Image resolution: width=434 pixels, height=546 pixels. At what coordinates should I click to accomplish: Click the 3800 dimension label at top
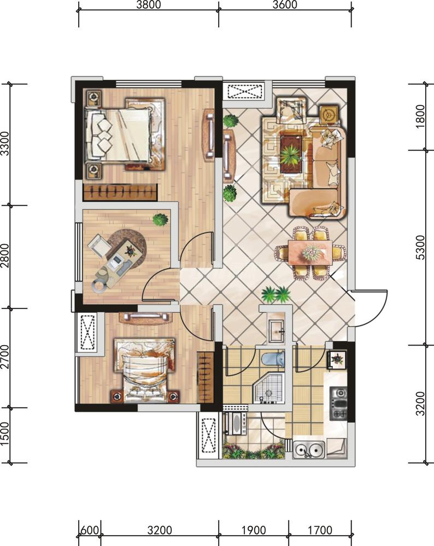click(149, 4)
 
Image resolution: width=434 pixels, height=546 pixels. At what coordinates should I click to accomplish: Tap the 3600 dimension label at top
click(285, 4)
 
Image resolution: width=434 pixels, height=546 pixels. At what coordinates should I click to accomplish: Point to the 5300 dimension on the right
click(421, 247)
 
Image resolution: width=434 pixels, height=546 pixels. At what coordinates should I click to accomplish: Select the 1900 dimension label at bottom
click(254, 530)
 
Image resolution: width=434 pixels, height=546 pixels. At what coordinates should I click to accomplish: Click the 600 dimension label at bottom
click(90, 530)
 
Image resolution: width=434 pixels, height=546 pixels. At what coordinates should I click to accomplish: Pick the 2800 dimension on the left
click(5, 256)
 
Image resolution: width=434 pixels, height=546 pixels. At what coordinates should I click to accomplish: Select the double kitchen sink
click(308, 449)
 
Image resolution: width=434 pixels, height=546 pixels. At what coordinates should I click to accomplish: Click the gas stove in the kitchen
click(338, 403)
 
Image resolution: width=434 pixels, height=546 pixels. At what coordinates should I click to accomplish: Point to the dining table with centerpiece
click(310, 252)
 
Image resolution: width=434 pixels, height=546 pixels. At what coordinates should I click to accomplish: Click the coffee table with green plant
click(291, 154)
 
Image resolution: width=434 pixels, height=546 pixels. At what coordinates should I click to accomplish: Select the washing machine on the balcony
click(235, 424)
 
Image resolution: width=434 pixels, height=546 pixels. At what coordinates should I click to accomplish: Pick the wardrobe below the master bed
click(120, 192)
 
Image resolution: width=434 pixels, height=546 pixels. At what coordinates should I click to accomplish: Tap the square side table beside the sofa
click(330, 115)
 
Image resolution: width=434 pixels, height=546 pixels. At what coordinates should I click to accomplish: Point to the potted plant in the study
click(160, 219)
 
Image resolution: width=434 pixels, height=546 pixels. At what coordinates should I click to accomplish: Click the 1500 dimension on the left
click(5, 435)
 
